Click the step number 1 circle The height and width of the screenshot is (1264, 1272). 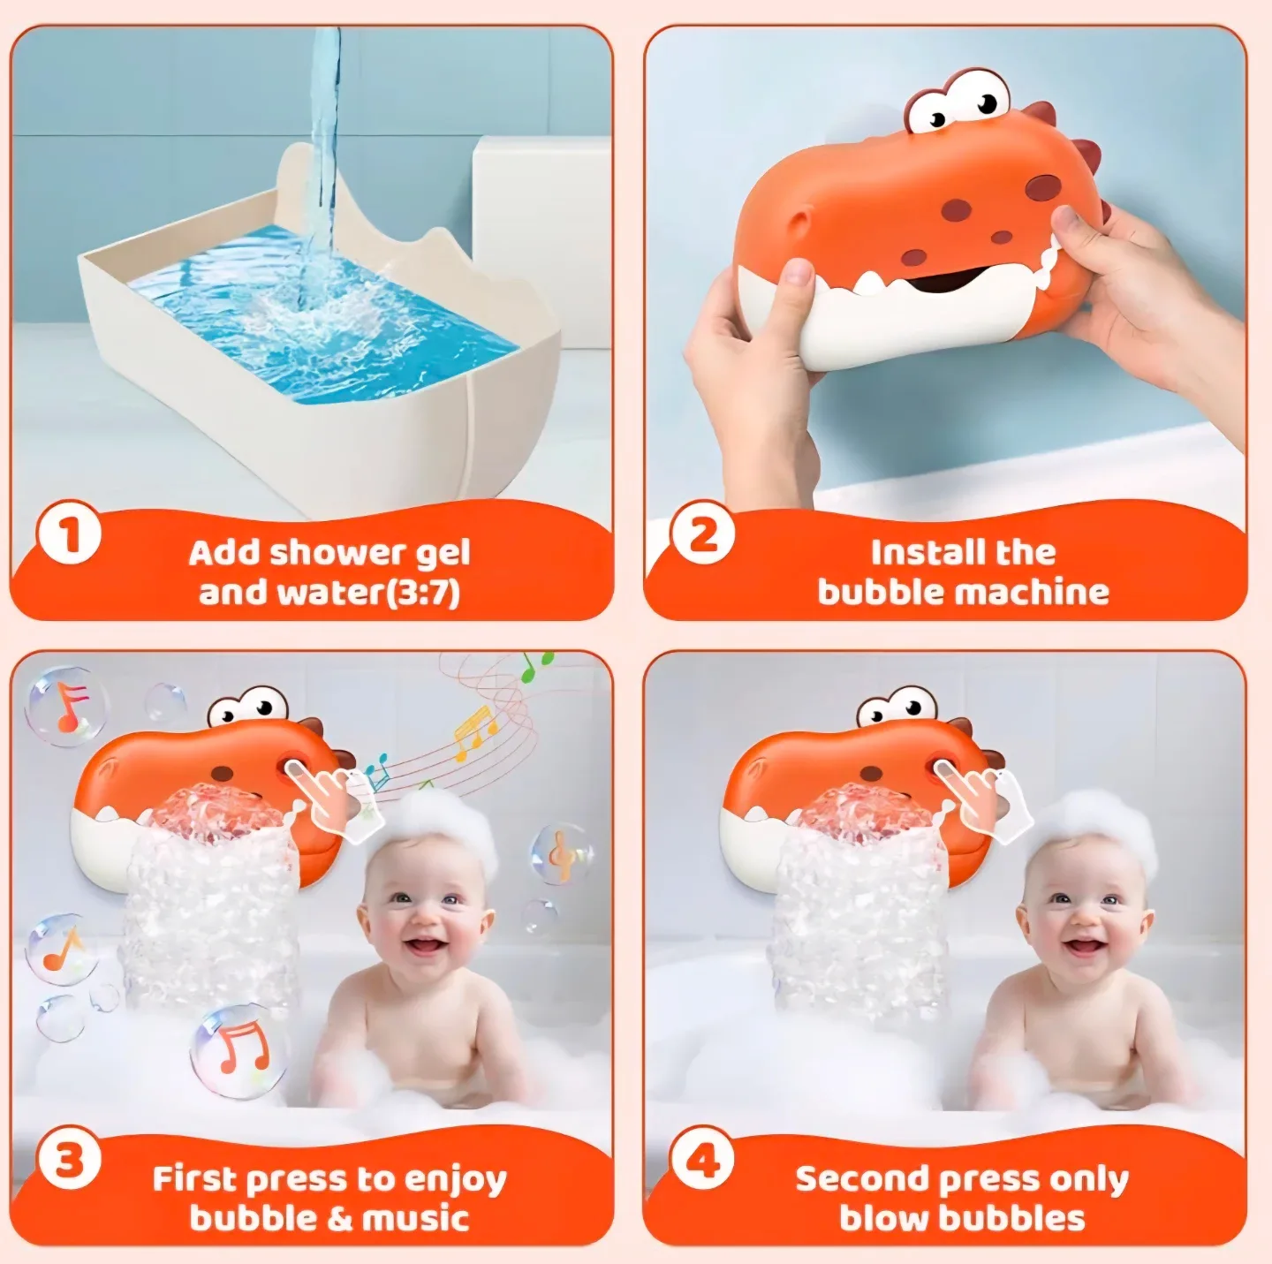coord(69,534)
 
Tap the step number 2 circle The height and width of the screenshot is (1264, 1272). coord(702,534)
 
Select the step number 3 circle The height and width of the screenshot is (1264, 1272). coord(69,1160)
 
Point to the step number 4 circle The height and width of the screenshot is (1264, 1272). coord(702,1160)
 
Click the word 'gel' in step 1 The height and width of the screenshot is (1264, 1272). coord(442,555)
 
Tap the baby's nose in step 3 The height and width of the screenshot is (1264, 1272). coord(423,919)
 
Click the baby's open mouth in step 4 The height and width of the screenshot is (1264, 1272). coord(1081,946)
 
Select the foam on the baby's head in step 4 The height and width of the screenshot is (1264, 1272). coord(1095,826)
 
